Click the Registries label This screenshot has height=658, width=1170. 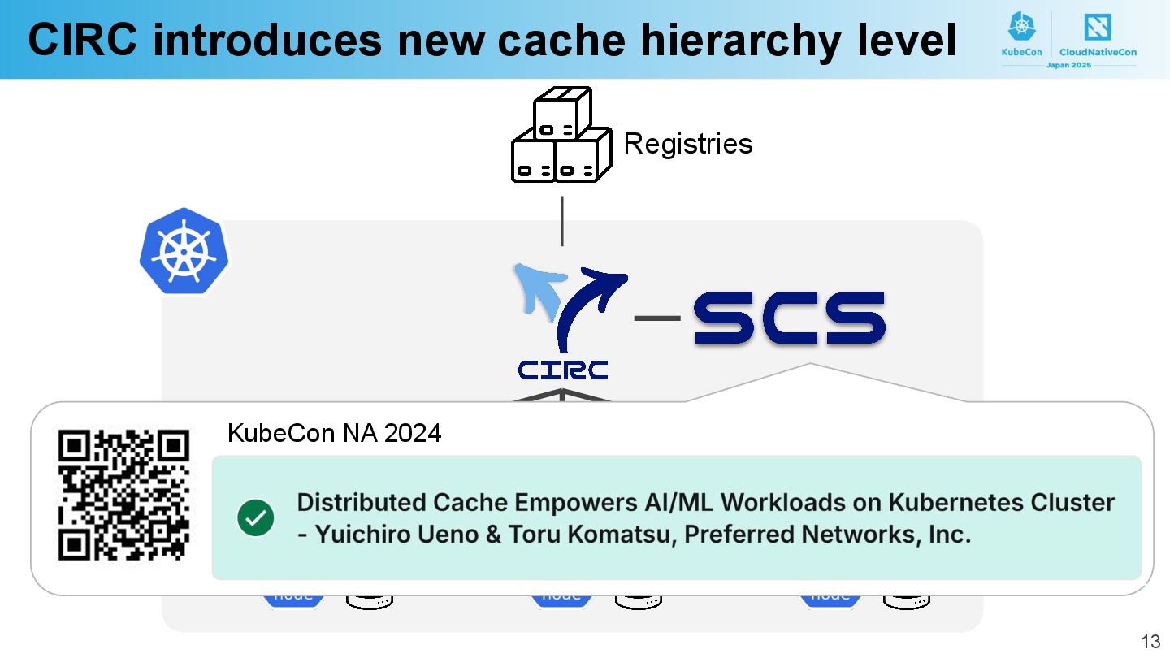click(x=688, y=144)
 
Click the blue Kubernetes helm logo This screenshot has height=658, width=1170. click(x=184, y=252)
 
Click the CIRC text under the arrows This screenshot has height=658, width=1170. click(x=563, y=370)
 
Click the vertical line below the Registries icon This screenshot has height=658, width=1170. click(x=561, y=220)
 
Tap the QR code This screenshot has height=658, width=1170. click(x=124, y=495)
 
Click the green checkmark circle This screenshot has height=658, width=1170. click(x=256, y=518)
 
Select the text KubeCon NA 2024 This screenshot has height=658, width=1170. click(x=334, y=433)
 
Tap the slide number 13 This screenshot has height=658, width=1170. click(x=1150, y=642)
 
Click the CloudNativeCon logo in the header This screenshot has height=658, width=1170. click(x=1098, y=37)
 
